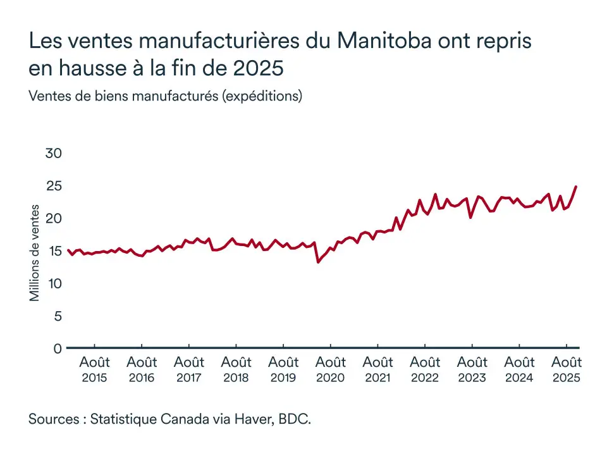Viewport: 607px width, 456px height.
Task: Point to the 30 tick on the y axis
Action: [54, 153]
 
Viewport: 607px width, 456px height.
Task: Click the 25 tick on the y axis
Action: [54, 186]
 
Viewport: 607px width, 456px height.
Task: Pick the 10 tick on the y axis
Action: [54, 283]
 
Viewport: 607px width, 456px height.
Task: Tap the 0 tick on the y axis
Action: [58, 348]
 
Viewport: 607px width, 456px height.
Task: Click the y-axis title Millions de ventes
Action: [35, 252]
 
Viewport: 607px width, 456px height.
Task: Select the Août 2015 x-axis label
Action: [94, 369]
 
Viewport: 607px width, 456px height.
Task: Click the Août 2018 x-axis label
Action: [236, 369]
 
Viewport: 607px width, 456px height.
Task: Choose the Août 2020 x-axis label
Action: [330, 369]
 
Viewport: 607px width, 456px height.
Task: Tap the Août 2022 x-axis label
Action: [425, 369]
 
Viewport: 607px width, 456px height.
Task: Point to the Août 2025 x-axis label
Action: [567, 369]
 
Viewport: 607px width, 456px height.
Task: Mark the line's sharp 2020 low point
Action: [318, 262]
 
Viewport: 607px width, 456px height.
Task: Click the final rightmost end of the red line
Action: [576, 187]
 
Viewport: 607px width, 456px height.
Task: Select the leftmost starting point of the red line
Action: [67, 250]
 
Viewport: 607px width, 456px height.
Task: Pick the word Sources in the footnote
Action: [53, 419]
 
